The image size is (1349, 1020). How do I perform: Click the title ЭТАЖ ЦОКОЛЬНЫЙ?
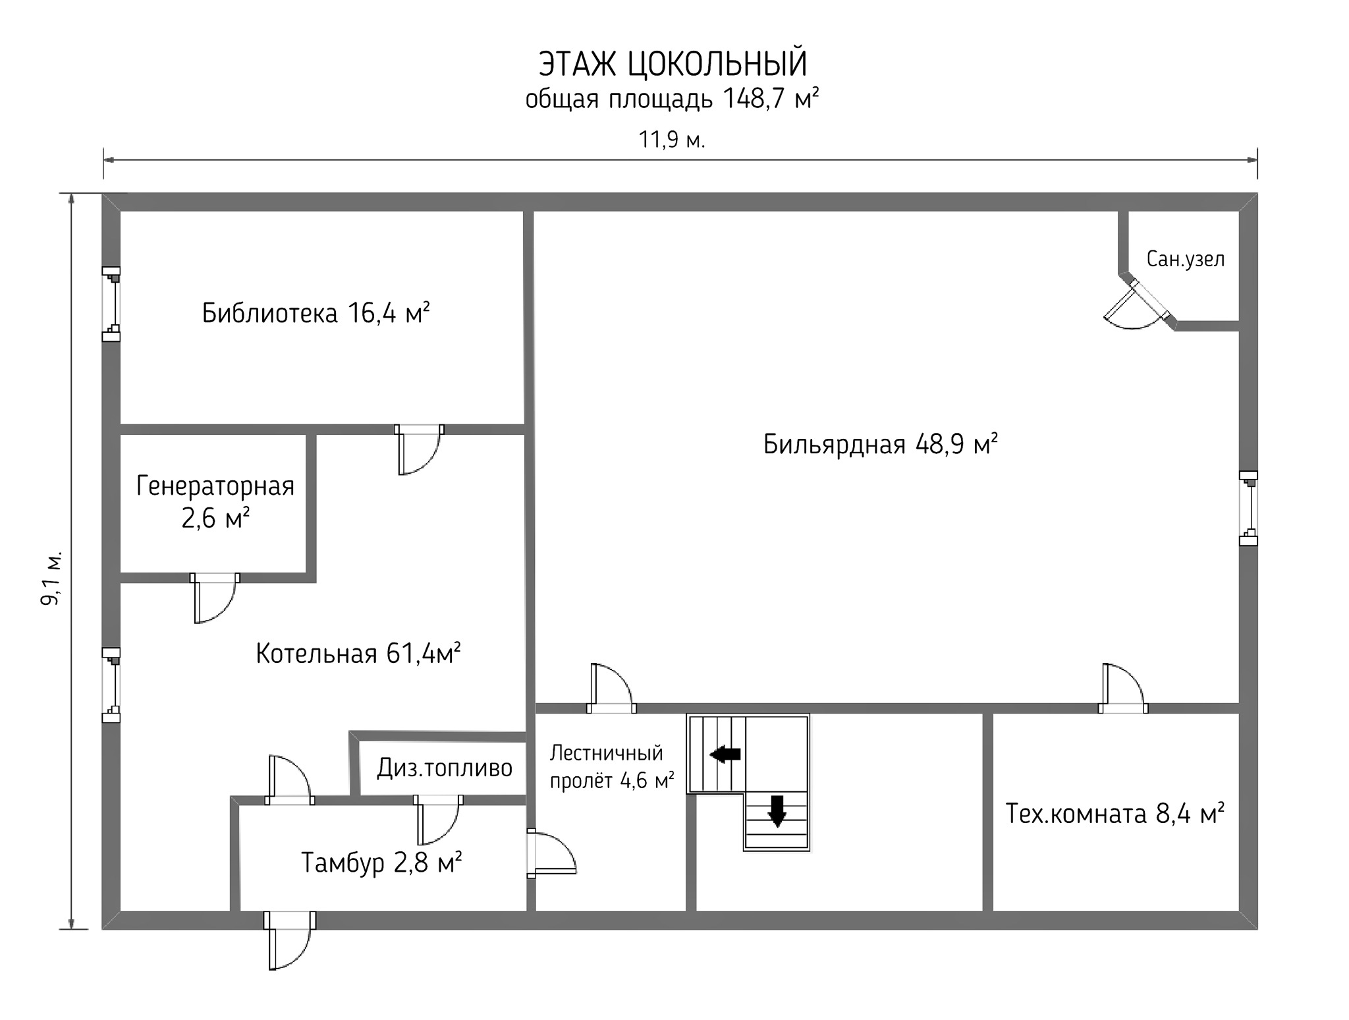tap(673, 64)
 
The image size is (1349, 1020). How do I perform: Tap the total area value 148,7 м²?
tap(771, 99)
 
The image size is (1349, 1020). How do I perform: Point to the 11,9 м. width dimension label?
tap(672, 140)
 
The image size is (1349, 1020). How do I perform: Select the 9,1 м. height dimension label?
tap(51, 578)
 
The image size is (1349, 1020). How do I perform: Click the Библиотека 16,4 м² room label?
tap(316, 313)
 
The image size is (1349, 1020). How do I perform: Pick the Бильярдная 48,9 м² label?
tap(880, 445)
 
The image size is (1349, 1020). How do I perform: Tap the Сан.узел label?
tap(1186, 259)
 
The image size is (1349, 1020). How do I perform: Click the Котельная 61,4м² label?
tap(358, 654)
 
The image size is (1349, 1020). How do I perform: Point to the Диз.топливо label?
tap(445, 768)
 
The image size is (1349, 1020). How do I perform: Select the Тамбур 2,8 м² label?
tap(381, 862)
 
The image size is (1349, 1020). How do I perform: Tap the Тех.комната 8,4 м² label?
tap(1115, 814)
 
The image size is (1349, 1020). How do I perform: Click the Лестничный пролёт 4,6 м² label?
tap(612, 766)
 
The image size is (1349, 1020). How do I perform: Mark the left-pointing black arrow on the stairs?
tap(725, 754)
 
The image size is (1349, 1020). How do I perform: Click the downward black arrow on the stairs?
tap(777, 811)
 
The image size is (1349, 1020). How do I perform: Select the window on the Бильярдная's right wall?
tap(1248, 508)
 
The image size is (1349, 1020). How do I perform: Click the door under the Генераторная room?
tap(215, 598)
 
